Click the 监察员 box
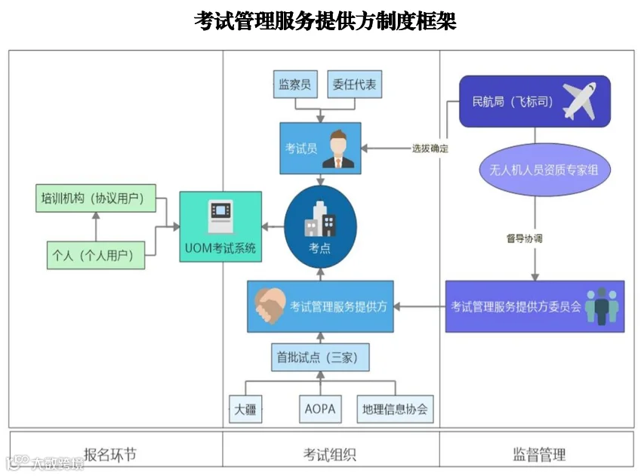[295, 84]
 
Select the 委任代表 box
[354, 84]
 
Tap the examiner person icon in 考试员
[338, 149]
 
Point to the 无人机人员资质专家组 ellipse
[538, 170]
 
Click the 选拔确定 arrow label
[430, 149]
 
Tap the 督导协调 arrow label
[524, 238]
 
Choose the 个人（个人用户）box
[94, 255]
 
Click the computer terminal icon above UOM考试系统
[220, 217]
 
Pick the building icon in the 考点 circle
[319, 220]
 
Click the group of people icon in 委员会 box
[602, 306]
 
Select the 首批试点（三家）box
[320, 358]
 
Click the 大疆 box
[245, 410]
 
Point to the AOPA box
[319, 410]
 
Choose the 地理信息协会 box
[394, 410]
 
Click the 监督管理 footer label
[539, 454]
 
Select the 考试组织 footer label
[330, 454]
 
